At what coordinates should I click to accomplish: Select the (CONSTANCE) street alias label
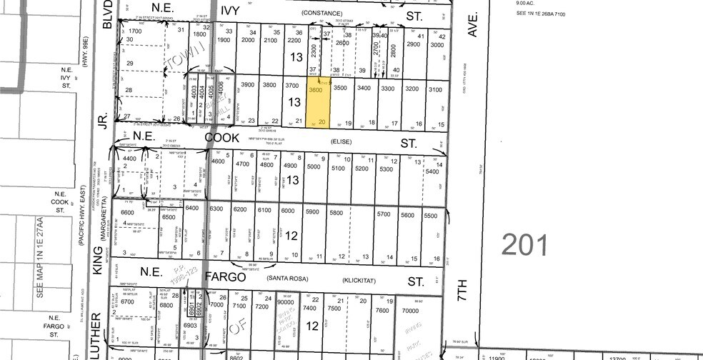pyautogui.click(x=317, y=13)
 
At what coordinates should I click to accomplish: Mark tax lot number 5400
pyautogui.click(x=432, y=172)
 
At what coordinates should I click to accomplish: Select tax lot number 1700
pyautogui.click(x=136, y=31)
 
